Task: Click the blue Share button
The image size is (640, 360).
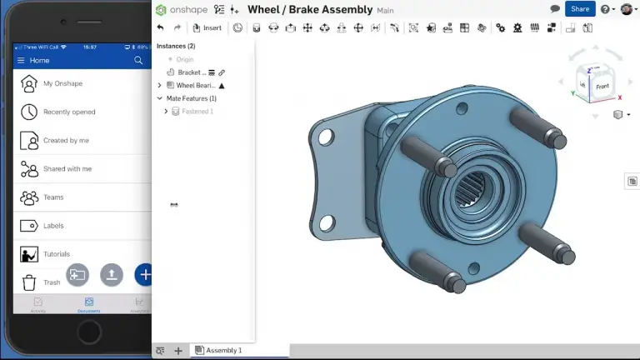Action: tap(580, 9)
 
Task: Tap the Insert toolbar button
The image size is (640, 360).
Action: tap(207, 27)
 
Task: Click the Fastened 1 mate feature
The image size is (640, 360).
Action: tap(197, 111)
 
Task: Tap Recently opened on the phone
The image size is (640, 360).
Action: tap(69, 112)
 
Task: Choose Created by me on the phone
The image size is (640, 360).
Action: tap(66, 140)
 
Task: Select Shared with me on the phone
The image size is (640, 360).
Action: tap(67, 168)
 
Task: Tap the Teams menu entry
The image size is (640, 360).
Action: tap(53, 197)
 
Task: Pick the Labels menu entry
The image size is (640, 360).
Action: tap(53, 226)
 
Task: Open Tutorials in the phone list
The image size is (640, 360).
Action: tap(57, 254)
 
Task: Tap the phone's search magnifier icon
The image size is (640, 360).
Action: tap(138, 61)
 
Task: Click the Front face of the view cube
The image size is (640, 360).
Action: tap(602, 86)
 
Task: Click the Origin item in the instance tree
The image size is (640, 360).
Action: tap(184, 59)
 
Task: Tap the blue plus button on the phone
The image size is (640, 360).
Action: tap(145, 274)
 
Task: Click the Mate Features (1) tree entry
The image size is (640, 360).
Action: tap(191, 98)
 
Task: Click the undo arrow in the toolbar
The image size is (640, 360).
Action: tap(160, 27)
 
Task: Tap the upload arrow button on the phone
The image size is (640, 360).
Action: tap(112, 274)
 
